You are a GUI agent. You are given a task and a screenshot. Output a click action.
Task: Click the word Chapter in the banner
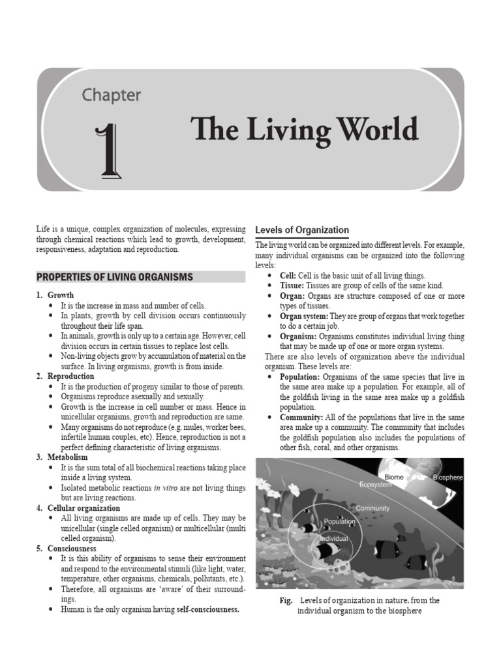(111, 95)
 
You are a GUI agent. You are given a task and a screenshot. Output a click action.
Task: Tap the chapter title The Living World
(305, 130)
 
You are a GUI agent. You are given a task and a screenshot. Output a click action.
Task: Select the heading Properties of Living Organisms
(115, 277)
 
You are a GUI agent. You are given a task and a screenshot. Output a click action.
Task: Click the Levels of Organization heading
(302, 230)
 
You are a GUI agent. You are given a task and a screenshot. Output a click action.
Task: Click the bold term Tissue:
(292, 286)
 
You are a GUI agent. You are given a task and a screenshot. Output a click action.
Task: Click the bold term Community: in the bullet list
(301, 417)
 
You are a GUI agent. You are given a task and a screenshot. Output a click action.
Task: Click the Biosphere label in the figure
(448, 478)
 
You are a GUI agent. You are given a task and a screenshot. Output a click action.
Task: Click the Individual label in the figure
(334, 539)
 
